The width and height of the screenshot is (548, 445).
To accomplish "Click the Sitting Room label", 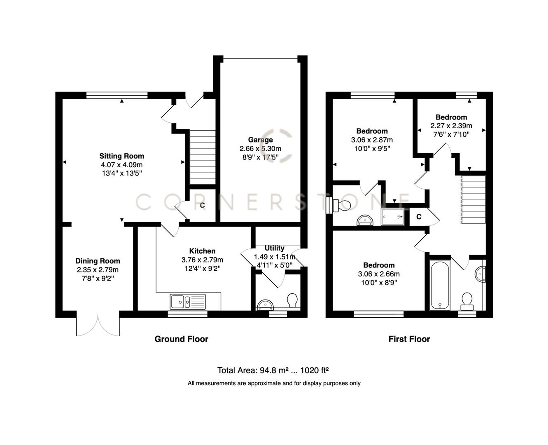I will pos(121,156).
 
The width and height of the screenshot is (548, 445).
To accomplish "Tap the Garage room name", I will pos(260,140).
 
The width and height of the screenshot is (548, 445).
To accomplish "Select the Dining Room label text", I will pos(98,261).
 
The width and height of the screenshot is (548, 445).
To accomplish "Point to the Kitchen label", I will pos(202,251).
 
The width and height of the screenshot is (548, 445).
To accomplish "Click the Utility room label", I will pos(274,248).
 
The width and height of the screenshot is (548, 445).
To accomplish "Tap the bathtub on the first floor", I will pos(440,285).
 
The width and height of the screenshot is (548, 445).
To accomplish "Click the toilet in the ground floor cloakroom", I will pos(292,300).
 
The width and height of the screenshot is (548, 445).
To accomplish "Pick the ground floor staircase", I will pos(202,157).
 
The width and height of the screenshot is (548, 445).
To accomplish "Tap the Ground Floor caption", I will pos(181,339).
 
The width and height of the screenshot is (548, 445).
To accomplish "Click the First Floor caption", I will pos(409,339).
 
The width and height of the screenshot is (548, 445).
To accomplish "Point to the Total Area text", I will pos(273,370).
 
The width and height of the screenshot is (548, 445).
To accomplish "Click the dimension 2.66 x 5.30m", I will pos(260,149).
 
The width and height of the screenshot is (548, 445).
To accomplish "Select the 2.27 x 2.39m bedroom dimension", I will pos(451,126).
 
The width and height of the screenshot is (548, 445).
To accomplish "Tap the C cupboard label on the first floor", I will pos(419,217).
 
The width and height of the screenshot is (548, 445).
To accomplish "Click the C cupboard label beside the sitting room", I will pos(202,205).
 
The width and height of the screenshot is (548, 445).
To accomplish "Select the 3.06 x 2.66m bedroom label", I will pos(378,274).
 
